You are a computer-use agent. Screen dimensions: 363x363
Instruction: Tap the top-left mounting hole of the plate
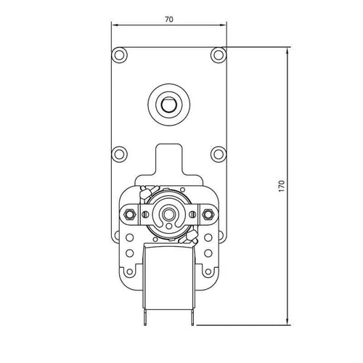click(118, 54)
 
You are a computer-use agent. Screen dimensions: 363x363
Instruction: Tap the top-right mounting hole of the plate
click(218, 54)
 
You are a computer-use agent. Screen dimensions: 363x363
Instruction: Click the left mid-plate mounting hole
click(118, 153)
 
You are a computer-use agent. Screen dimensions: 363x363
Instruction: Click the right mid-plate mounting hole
click(218, 153)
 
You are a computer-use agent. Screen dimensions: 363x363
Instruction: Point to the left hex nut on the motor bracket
click(129, 213)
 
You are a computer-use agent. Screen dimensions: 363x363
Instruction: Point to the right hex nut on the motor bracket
click(208, 213)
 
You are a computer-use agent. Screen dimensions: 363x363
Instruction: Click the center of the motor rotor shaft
click(168, 213)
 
